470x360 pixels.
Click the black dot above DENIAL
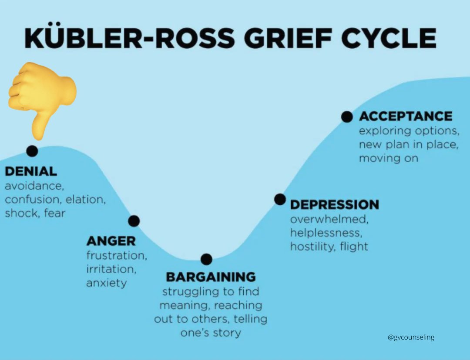pos(32,151)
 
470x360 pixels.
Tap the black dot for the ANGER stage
pos(134,221)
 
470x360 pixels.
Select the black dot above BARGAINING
pos(206,260)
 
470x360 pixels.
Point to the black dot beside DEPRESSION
pos(280,199)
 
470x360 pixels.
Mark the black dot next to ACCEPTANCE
pos(347,117)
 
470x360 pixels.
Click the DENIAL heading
pos(31,171)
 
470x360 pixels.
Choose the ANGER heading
pos(111,240)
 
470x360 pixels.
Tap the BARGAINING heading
pos(211,277)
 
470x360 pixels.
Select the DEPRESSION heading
pos(334,204)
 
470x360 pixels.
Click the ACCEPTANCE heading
pos(406,117)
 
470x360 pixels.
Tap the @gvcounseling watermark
pos(411,337)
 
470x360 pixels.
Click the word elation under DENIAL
pos(86,200)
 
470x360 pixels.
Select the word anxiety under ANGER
pos(106,283)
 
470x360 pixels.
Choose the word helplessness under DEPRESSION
pos(325,233)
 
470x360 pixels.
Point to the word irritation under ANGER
pos(111,269)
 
